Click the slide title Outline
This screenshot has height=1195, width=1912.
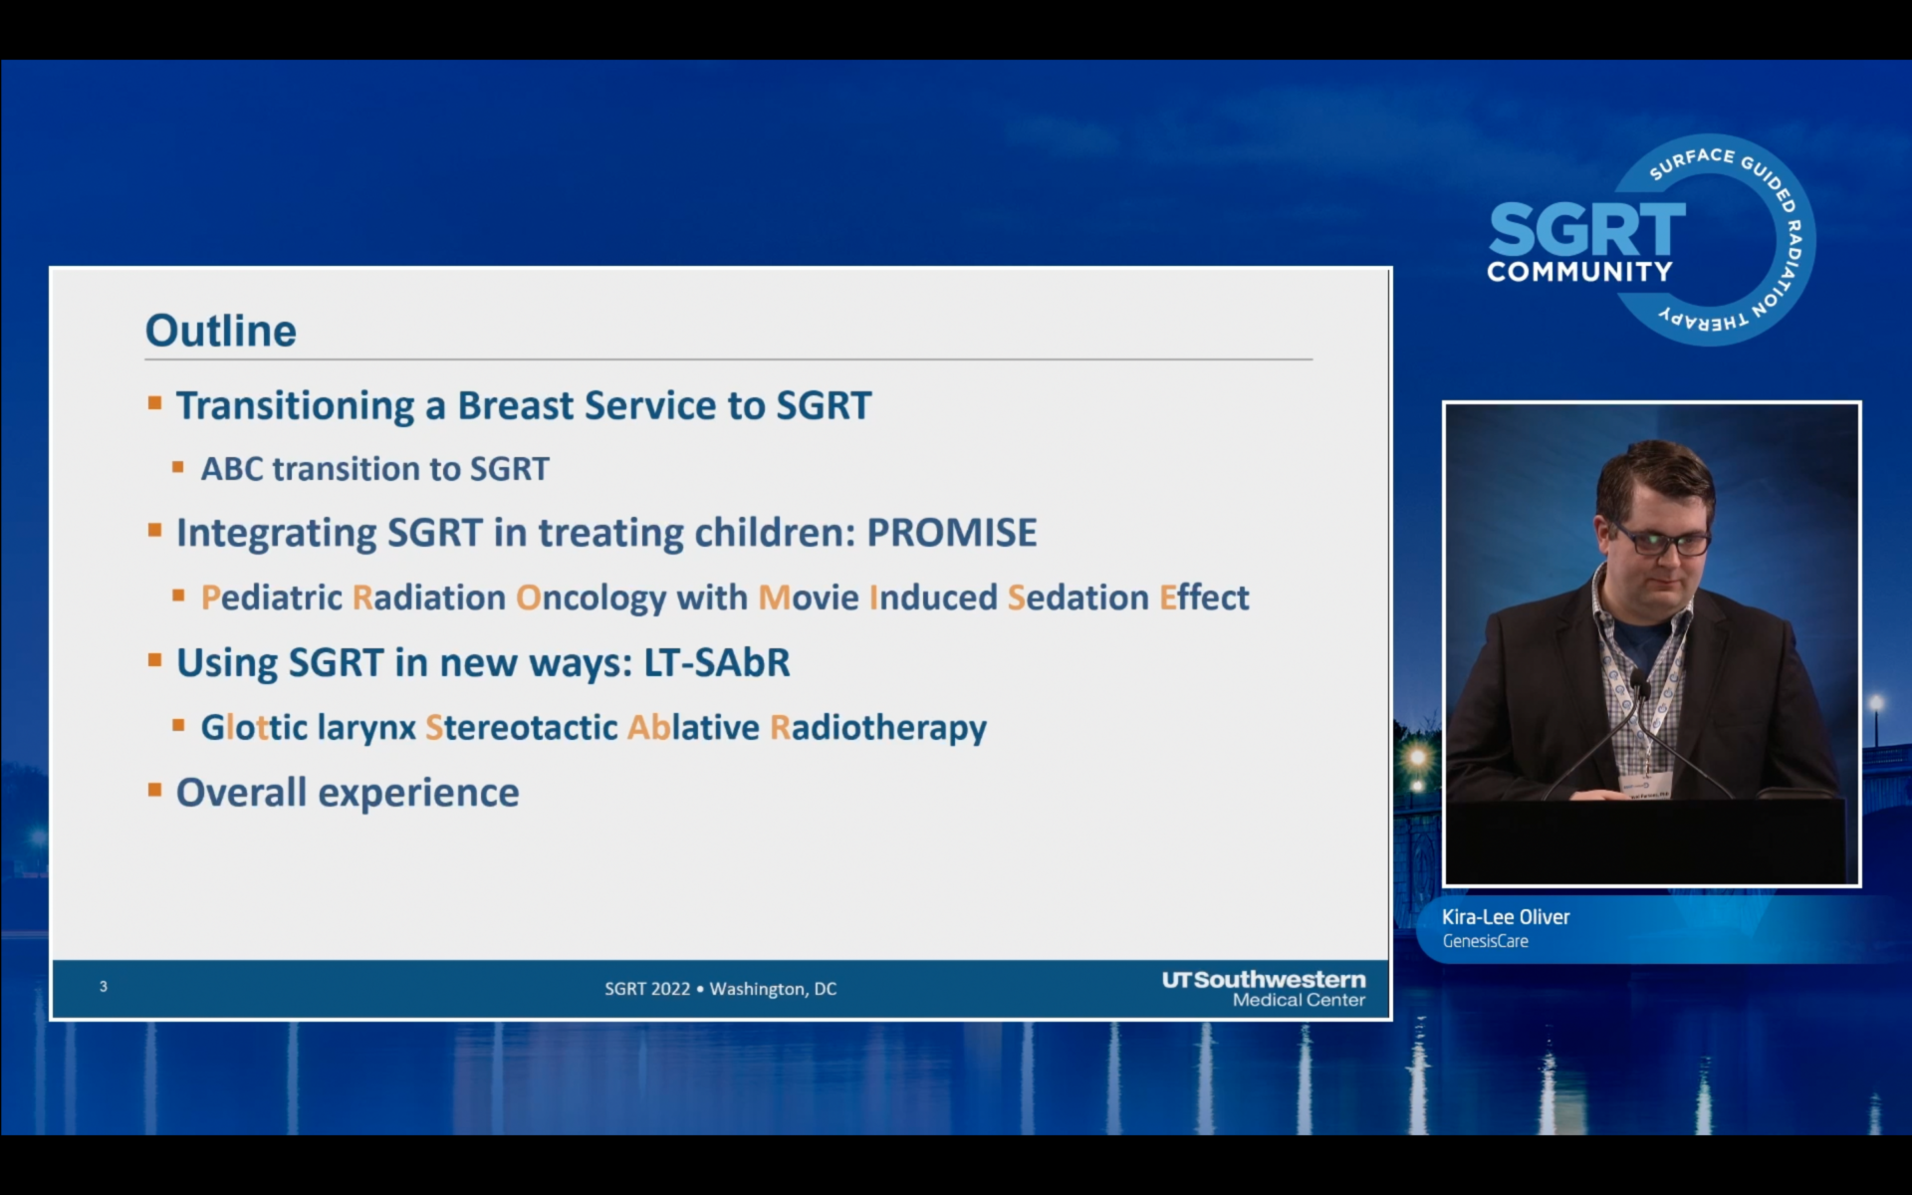click(x=221, y=331)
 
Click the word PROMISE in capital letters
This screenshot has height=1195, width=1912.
click(x=952, y=533)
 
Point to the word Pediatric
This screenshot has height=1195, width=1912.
click(x=272, y=597)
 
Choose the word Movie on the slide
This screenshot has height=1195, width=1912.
click(x=809, y=597)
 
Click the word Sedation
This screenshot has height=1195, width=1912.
click(x=1078, y=597)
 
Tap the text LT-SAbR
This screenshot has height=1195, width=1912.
click(x=717, y=662)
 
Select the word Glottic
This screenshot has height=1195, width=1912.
click(x=254, y=727)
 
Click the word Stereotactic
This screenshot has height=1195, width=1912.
click(x=522, y=727)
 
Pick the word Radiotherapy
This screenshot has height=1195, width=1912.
click(x=878, y=728)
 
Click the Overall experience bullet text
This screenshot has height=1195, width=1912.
click(x=348, y=793)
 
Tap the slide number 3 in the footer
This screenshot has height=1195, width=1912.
click(x=104, y=986)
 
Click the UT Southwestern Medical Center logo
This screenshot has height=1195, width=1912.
click(x=1264, y=989)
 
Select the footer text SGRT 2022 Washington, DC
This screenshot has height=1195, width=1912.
click(x=721, y=989)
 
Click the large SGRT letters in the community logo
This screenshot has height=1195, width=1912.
click(x=1587, y=230)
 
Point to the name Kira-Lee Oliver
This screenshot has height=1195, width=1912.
click(x=1506, y=917)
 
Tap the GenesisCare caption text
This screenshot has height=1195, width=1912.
click(x=1486, y=941)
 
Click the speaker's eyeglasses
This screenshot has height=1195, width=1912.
click(x=1661, y=541)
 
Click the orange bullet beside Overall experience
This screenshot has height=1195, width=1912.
click(x=154, y=791)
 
